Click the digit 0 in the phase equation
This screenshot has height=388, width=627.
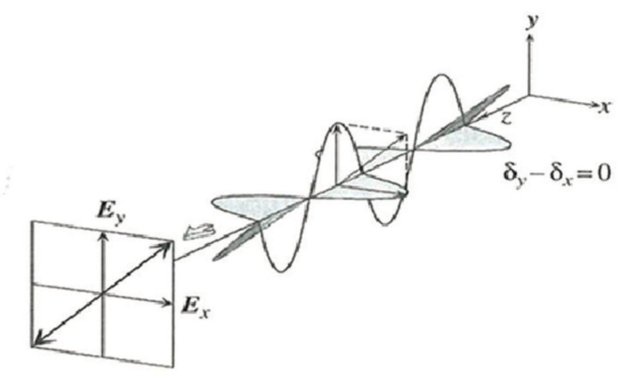point(605,173)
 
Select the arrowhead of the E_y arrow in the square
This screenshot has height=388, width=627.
point(103,236)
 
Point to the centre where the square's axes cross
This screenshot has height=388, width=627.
point(103,294)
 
